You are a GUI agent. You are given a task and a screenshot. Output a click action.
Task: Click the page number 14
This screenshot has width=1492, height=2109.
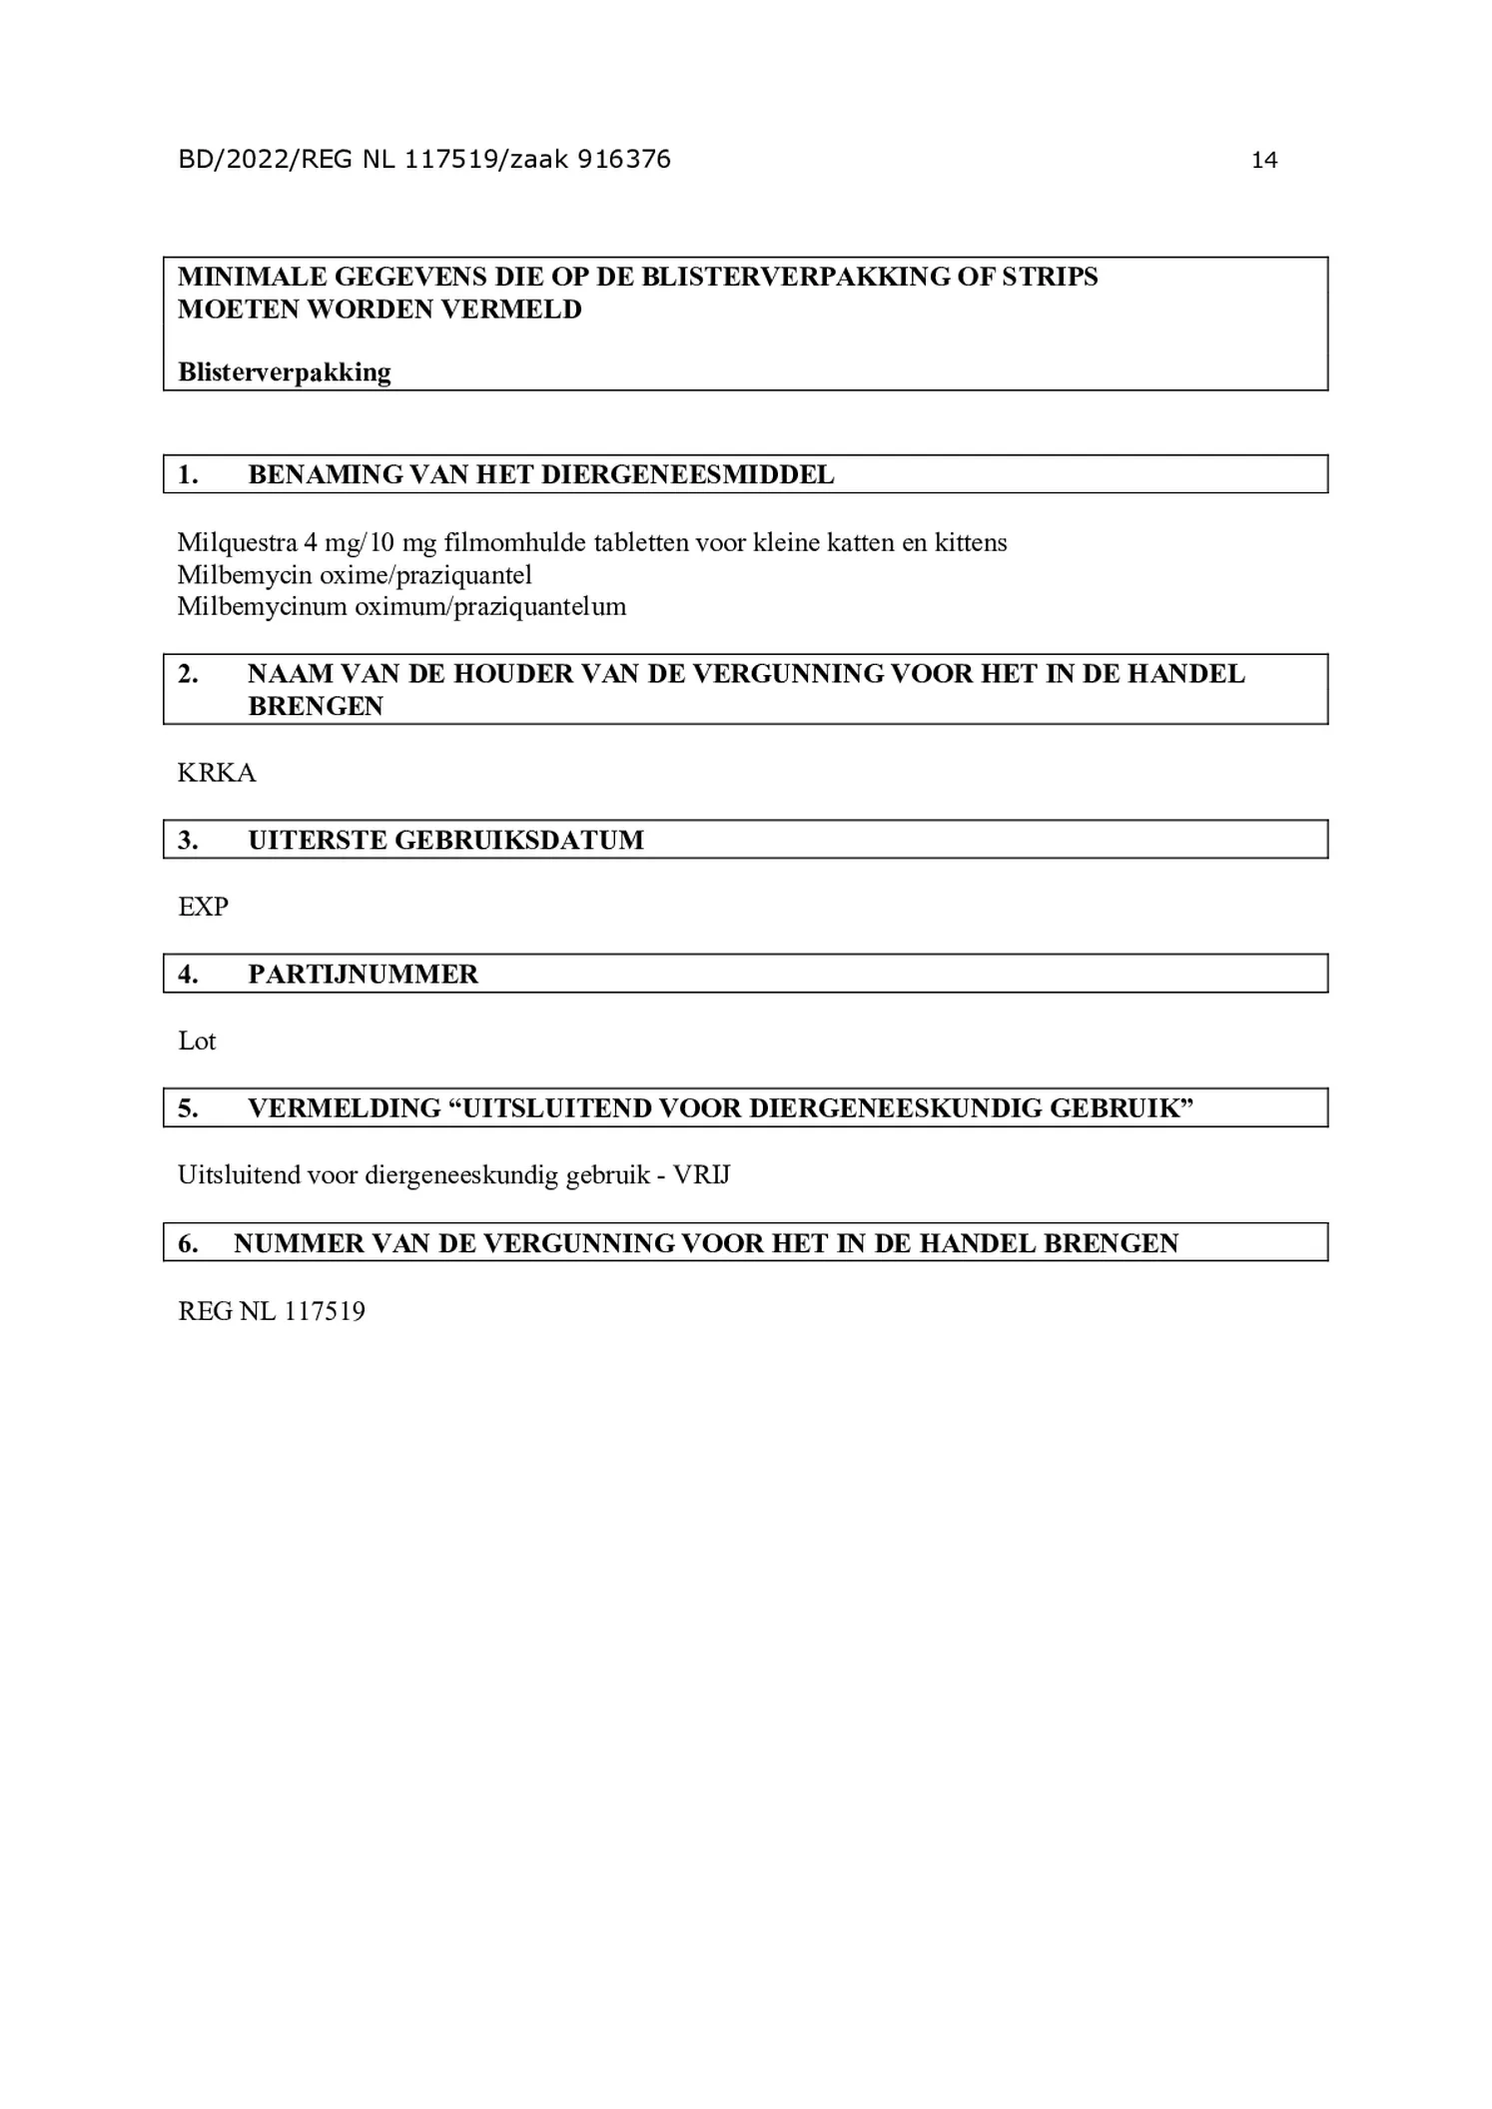(1263, 161)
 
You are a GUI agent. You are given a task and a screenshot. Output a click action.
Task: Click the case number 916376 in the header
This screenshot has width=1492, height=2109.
(623, 160)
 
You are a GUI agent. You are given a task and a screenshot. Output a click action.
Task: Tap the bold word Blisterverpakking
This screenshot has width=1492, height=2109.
(284, 372)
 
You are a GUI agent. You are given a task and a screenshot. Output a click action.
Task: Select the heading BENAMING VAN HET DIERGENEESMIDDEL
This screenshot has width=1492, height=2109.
(540, 474)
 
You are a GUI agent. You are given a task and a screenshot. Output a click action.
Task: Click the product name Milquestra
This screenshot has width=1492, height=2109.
(237, 543)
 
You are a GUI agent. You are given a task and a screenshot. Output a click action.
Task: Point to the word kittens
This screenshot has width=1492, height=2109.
(971, 543)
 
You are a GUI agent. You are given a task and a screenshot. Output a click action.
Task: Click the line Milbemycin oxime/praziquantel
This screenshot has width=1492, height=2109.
(355, 575)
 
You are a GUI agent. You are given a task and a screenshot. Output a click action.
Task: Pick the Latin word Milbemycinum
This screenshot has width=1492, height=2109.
(262, 607)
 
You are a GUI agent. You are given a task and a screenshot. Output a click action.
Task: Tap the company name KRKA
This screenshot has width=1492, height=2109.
(217, 773)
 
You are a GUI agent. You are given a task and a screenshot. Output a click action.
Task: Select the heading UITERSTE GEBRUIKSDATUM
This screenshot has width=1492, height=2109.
(445, 840)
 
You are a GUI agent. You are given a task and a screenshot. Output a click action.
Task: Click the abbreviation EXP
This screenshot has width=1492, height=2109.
(203, 907)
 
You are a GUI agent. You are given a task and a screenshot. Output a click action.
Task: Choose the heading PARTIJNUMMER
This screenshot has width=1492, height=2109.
(363, 974)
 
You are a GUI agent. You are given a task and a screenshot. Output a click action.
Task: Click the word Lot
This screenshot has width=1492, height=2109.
(197, 1041)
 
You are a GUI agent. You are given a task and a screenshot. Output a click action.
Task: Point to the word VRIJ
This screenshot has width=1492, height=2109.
(701, 1175)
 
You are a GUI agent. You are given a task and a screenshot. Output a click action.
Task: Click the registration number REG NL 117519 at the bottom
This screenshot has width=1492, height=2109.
(272, 1311)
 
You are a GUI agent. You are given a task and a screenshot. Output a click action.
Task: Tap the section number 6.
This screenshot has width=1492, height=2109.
(188, 1243)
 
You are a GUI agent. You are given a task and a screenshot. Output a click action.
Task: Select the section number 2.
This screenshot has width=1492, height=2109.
(188, 674)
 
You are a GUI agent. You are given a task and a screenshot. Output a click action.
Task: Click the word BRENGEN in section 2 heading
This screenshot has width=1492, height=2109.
(315, 706)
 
